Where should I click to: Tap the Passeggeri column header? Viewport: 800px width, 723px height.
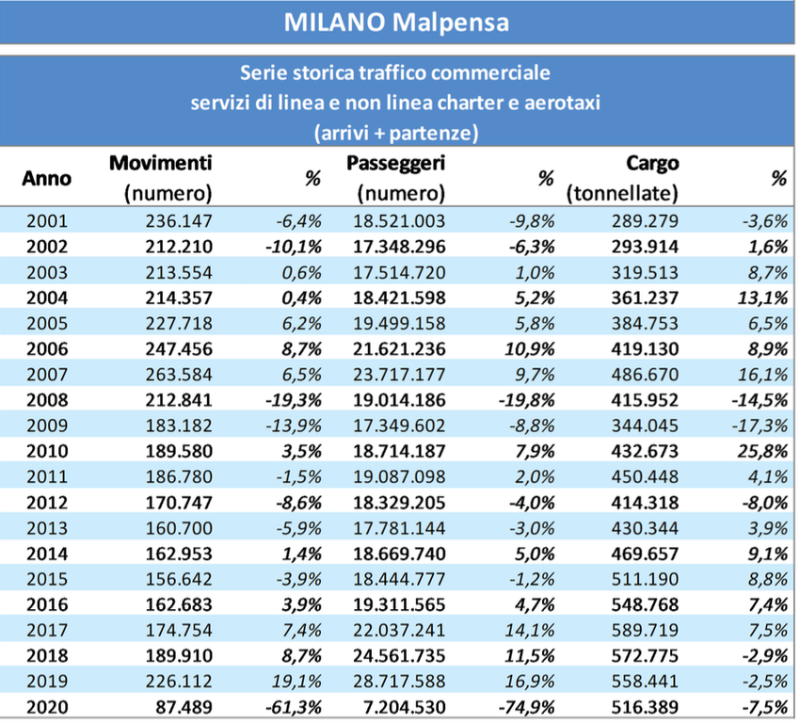[396, 164]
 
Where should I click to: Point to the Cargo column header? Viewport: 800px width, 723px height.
[651, 164]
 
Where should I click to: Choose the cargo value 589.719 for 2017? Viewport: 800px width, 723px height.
[643, 630]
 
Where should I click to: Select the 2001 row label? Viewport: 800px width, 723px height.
[47, 223]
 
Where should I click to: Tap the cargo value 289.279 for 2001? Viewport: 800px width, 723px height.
[643, 223]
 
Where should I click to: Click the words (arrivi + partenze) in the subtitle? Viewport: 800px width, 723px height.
[395, 133]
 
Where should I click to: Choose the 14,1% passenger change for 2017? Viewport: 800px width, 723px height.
[532, 630]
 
